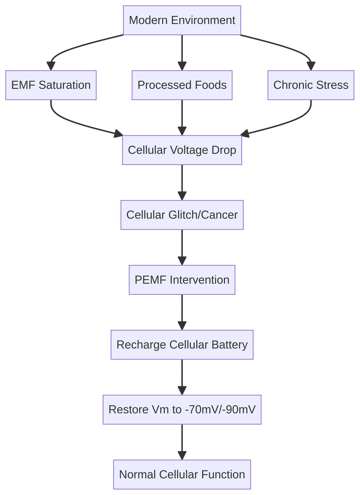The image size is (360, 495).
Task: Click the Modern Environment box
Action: (182, 20)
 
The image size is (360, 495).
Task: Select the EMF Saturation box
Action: (51, 85)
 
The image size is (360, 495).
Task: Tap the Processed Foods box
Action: (182, 85)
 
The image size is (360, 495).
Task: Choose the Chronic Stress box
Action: (311, 85)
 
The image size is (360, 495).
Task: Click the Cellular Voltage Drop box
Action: (182, 150)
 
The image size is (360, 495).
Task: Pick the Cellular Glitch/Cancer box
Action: (182, 215)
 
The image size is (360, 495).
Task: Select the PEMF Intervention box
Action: (182, 280)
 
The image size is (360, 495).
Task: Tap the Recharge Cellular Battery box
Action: (182, 345)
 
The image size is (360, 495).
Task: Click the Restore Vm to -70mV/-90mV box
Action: (182, 410)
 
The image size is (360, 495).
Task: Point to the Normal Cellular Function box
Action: (182, 474)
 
